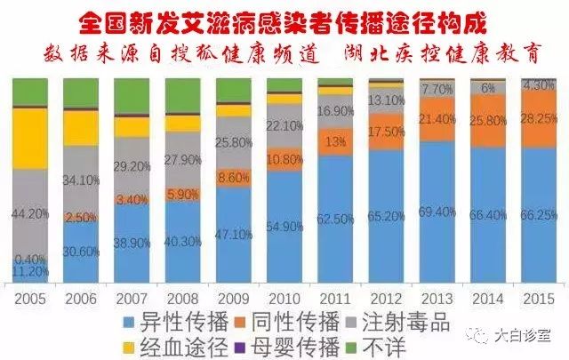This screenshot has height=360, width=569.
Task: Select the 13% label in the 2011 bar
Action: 336,141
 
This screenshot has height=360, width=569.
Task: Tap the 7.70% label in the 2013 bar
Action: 437,90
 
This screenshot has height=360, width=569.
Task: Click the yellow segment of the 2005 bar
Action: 30,138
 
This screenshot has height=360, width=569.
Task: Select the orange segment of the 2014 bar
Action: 488,120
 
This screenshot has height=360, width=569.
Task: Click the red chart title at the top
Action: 284,19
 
